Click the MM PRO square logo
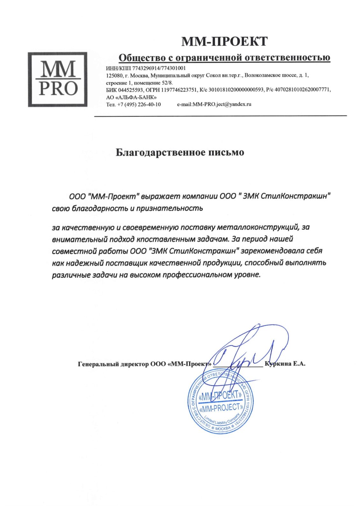[x=57, y=79]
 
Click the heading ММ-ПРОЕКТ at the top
[x=224, y=41]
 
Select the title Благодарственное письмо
[x=180, y=152]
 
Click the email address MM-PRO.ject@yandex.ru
[x=222, y=104]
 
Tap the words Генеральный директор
[x=113, y=364]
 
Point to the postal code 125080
[x=114, y=76]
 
